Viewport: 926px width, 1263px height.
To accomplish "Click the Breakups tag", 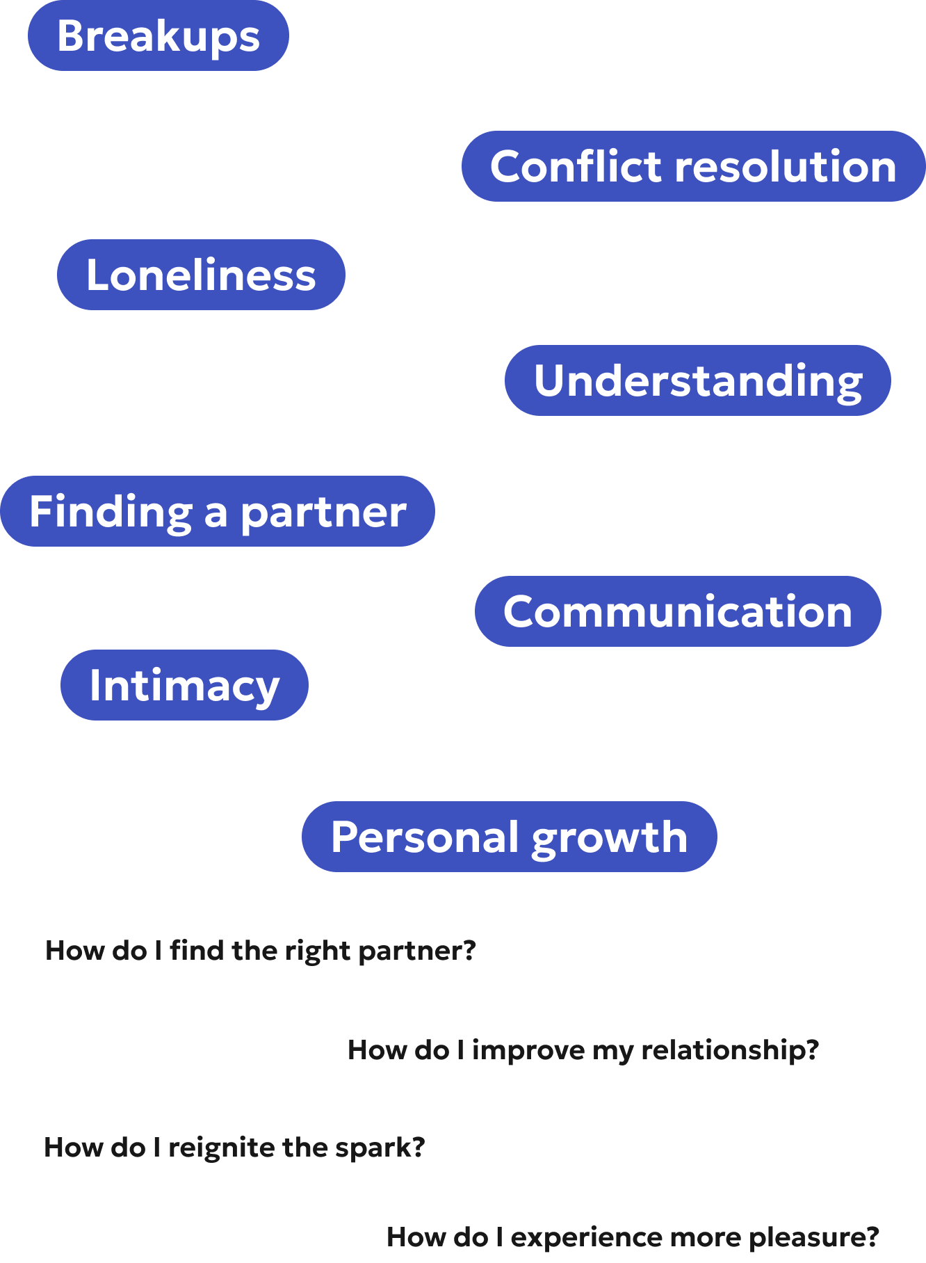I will click(159, 36).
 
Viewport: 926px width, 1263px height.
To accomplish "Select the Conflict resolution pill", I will click(693, 167).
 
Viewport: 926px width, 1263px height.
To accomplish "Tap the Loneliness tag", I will click(201, 275).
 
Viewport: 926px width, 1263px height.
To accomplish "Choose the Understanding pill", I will click(697, 381).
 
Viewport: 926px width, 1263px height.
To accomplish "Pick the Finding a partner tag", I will click(218, 512).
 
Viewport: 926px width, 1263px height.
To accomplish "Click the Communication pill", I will click(678, 612).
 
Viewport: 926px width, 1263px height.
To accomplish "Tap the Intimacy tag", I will click(184, 686).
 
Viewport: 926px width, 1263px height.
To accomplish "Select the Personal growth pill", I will click(509, 837).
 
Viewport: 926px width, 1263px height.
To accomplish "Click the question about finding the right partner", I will click(261, 950).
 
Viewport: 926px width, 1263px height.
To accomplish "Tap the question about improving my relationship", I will click(583, 1049).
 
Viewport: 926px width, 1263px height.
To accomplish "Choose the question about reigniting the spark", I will click(234, 1147).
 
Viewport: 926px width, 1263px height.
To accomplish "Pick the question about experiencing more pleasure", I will click(633, 1237).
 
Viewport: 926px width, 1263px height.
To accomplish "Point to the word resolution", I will click(786, 167).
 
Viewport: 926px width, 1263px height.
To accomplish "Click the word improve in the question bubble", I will click(528, 1050).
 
